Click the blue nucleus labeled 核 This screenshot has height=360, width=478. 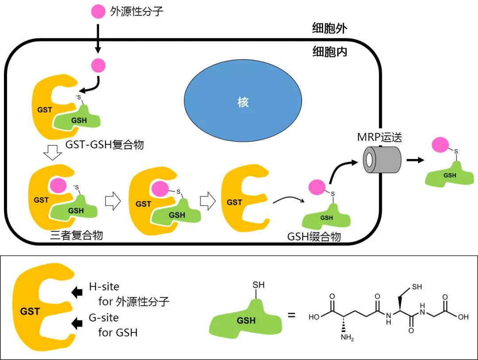(243, 102)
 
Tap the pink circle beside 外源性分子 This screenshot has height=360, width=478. (98, 12)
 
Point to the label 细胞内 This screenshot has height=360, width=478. (329, 52)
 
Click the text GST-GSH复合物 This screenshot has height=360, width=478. (104, 145)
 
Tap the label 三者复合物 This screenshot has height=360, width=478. (77, 235)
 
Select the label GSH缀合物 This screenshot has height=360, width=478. (314, 237)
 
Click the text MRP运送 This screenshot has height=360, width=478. (380, 137)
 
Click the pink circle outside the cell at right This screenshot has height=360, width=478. (440, 145)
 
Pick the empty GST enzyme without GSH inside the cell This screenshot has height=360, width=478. (241, 199)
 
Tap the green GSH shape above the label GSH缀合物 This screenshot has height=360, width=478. (327, 217)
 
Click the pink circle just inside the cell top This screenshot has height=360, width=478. (98, 66)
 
